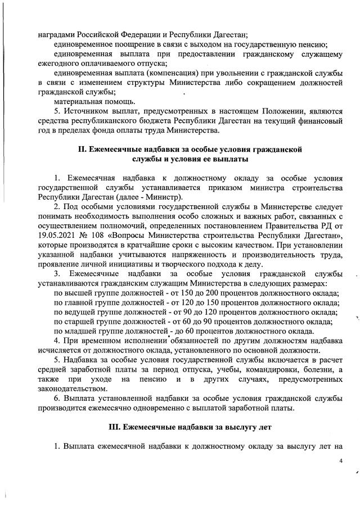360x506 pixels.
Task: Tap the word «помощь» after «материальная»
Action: tap(119, 102)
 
